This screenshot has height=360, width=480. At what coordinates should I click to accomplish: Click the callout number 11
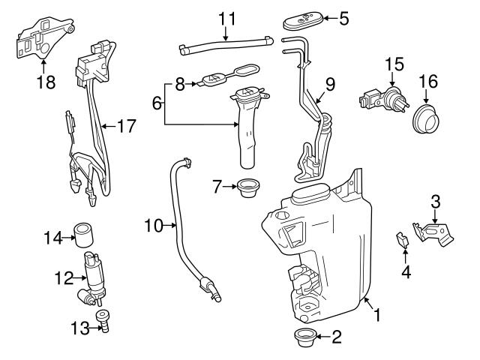pyautogui.click(x=226, y=16)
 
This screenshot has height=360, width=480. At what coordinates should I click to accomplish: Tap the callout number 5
pyautogui.click(x=343, y=18)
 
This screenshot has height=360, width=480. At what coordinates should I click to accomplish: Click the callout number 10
pyautogui.click(x=154, y=224)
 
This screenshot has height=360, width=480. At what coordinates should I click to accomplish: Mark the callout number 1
pyautogui.click(x=376, y=316)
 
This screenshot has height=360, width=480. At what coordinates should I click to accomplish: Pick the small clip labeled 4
pyautogui.click(x=403, y=241)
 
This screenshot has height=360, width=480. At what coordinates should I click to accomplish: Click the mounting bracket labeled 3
pyautogui.click(x=436, y=231)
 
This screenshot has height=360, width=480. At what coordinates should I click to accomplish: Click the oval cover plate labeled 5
pyautogui.click(x=303, y=23)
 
